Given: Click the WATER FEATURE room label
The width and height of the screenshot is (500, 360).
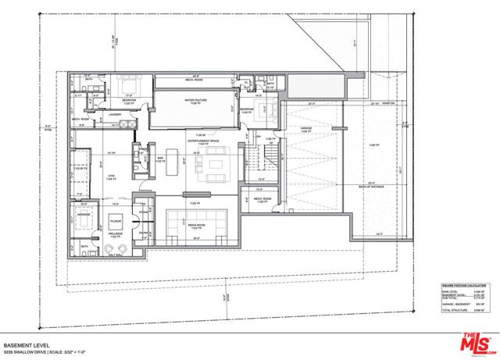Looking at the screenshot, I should click(195, 101).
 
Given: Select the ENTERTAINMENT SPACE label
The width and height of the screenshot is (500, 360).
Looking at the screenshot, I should click(202, 141).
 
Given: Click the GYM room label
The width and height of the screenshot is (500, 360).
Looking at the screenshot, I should click(111, 177).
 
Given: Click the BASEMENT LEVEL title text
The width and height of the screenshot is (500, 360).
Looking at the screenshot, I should click(24, 345).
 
